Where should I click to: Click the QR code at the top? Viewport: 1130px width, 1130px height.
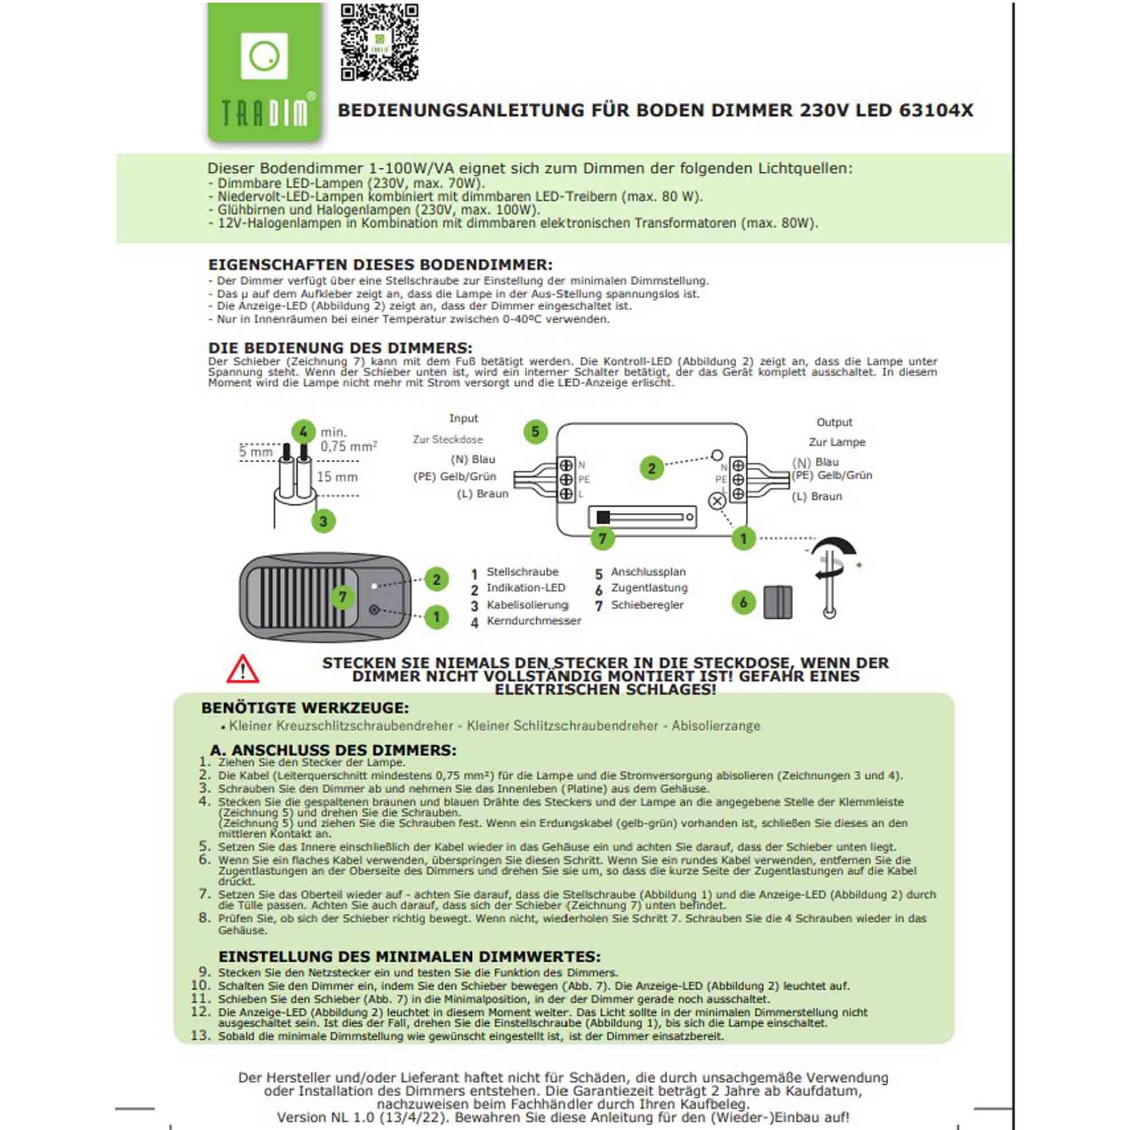379,42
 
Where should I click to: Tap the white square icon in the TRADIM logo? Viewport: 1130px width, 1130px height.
264,55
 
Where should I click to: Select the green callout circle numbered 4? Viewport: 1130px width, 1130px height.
303,432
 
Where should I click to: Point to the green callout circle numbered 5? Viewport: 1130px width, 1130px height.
535,432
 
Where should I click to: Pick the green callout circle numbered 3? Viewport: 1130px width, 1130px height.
323,521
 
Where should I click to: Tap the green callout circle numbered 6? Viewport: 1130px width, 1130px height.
744,602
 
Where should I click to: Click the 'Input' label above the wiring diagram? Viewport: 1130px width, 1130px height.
463,418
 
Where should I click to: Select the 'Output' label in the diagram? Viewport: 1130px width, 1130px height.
834,422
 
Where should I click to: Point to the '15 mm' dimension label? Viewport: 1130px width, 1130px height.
337,477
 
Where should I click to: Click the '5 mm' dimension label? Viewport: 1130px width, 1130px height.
255,451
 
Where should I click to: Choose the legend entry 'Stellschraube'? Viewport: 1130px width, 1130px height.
522,572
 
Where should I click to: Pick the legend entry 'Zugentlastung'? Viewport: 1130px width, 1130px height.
649,588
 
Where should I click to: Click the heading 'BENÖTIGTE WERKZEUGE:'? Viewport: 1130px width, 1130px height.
305,709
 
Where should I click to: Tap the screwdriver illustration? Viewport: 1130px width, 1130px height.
832,577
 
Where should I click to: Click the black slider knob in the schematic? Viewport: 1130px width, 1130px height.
603,518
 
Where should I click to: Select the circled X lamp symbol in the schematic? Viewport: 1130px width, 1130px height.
717,501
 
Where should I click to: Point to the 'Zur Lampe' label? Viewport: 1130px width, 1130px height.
837,442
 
